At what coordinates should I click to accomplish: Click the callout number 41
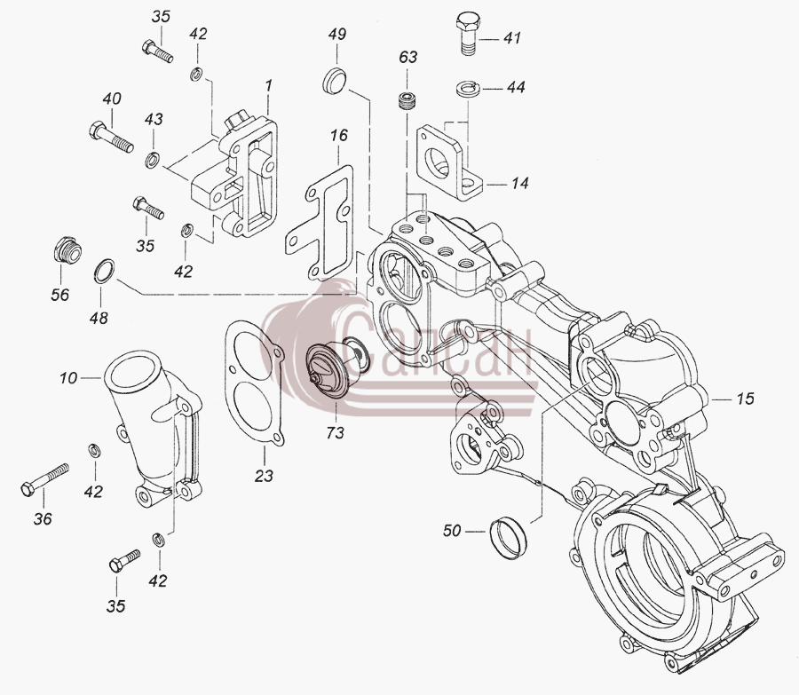[x=512, y=37]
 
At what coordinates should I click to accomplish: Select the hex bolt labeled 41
[x=467, y=34]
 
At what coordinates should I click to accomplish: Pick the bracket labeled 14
[x=449, y=163]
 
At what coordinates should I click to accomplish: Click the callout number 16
[x=339, y=136]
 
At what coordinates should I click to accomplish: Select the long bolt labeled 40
[x=111, y=137]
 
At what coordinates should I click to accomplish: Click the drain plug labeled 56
[x=67, y=249]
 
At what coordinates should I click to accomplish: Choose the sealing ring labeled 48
[x=105, y=271]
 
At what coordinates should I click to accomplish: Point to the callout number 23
[x=264, y=476]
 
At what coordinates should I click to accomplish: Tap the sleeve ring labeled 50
[x=507, y=538]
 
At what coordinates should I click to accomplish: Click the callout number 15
[x=745, y=398]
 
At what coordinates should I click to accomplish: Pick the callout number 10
[x=68, y=378]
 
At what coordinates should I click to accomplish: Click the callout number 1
[x=268, y=85]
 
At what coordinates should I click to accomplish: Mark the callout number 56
[x=59, y=295]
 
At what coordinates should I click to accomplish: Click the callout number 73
[x=336, y=433]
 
